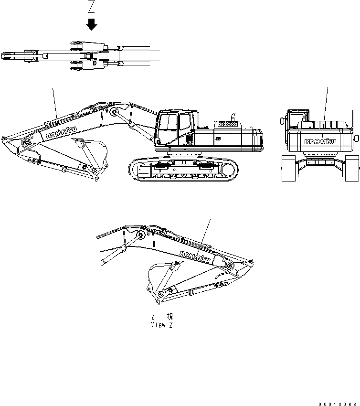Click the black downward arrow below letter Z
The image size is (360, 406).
pyautogui.click(x=92, y=25)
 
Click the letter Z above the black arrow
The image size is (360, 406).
pyautogui.click(x=92, y=7)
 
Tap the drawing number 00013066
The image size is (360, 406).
pyautogui.click(x=337, y=391)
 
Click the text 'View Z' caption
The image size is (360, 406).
pyautogui.click(x=162, y=325)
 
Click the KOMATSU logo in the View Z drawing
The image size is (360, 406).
pyautogui.click(x=195, y=256)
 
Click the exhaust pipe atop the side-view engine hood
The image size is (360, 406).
pyautogui.click(x=233, y=116)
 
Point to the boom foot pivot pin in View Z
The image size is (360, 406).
pyautogui.click(x=140, y=235)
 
